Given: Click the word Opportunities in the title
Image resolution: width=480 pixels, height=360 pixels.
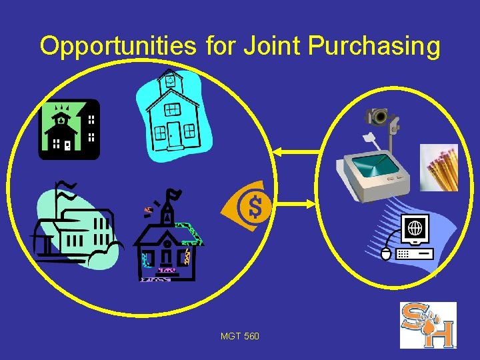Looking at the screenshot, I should coord(117,46).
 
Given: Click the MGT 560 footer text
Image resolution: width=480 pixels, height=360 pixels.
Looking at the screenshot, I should coord(240,336).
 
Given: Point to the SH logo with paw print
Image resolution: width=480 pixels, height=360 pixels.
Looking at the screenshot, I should coord(427,325).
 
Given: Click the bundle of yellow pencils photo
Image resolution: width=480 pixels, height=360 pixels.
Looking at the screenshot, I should coord(439,167).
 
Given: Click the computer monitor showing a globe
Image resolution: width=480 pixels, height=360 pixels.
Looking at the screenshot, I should coord(415,230).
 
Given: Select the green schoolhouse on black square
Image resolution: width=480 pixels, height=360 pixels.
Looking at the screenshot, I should coord(69,129).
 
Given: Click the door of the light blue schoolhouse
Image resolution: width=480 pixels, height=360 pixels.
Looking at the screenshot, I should coord(175,134).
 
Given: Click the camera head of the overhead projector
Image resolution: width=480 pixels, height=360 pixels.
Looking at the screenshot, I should coord(379,117).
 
